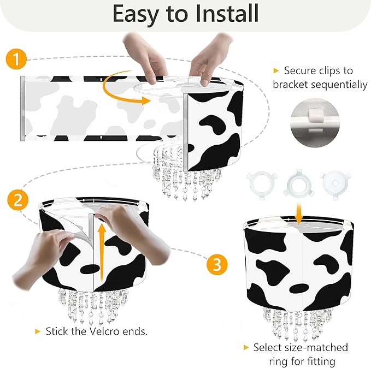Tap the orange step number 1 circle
pyautogui.click(x=16, y=59)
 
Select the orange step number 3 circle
pyautogui.click(x=216, y=265)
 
